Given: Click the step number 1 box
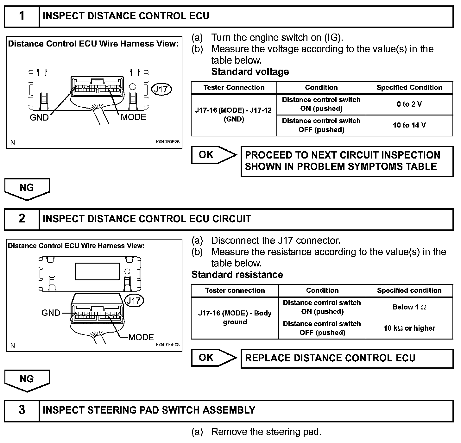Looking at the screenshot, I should (x=22, y=16).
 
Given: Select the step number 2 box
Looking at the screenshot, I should (x=22, y=219).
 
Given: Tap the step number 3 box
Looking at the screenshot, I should (x=22, y=410).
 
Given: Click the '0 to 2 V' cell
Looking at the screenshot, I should (x=409, y=104).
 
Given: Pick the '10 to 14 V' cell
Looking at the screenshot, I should (x=409, y=125).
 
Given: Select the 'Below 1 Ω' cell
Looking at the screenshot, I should (x=409, y=307).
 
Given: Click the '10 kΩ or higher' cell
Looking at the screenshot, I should (x=409, y=328).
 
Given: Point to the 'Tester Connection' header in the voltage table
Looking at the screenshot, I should (x=234, y=88).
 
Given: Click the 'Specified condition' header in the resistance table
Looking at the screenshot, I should (x=409, y=290).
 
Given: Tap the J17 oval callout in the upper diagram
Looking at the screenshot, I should (x=161, y=89).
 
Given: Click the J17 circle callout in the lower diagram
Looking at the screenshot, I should (x=134, y=300).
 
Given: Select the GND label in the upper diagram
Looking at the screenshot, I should (x=39, y=117).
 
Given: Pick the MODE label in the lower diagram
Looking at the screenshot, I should (x=141, y=337).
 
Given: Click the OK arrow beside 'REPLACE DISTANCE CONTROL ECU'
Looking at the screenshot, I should (x=214, y=358).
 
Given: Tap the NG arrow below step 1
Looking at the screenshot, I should (x=27, y=189).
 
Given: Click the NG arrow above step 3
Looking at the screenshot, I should (x=27, y=380).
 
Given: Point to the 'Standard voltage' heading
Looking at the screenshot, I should (x=250, y=72).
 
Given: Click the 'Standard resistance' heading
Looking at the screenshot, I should (x=237, y=275).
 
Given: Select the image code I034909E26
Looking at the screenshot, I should (x=167, y=142).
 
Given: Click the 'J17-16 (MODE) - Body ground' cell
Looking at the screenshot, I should (x=235, y=318).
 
